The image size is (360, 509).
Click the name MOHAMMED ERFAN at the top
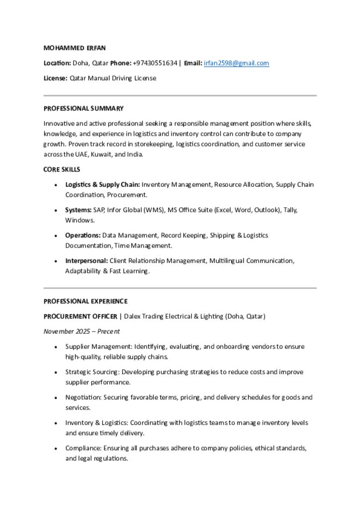click(75, 48)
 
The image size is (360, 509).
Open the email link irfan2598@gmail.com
click(236, 63)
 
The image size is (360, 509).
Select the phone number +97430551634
click(155, 63)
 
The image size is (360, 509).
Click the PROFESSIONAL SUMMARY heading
click(84, 108)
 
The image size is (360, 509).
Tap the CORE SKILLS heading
click(62, 170)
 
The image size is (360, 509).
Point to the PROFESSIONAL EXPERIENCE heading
click(86, 301)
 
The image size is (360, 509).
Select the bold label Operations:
click(83, 235)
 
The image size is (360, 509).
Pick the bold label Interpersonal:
click(87, 260)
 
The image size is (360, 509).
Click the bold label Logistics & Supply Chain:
click(102, 184)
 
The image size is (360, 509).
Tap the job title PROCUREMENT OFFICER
click(80, 316)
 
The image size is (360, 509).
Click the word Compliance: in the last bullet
click(84, 448)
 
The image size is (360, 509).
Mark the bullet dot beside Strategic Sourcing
click(56, 372)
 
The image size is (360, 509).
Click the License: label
click(55, 78)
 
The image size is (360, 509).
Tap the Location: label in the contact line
click(57, 63)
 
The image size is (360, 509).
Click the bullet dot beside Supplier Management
click(56, 347)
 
